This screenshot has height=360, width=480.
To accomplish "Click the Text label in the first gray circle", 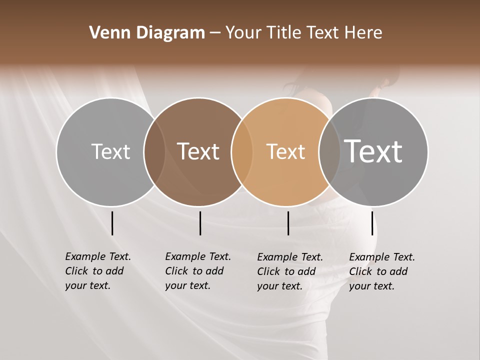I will (x=110, y=151).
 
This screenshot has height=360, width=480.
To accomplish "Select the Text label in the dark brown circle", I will (x=198, y=151).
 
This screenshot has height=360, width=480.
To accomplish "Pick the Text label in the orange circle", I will (x=285, y=151).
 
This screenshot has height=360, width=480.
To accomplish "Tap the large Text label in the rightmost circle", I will (x=373, y=151).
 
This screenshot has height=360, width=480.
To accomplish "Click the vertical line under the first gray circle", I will (x=112, y=223).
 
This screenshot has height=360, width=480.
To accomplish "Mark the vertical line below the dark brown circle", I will (x=200, y=223).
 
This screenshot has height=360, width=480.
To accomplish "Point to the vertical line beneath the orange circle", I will (x=288, y=223).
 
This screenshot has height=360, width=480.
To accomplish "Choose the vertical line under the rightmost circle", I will (x=372, y=223).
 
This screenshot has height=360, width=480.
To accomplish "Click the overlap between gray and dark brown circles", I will (x=154, y=151).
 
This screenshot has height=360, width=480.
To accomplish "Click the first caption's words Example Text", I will (x=98, y=256).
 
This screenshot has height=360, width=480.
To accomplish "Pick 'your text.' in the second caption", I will (x=187, y=286).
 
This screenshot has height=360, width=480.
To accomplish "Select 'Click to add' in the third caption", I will (x=286, y=271).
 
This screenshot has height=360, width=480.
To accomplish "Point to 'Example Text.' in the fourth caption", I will (x=382, y=257).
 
